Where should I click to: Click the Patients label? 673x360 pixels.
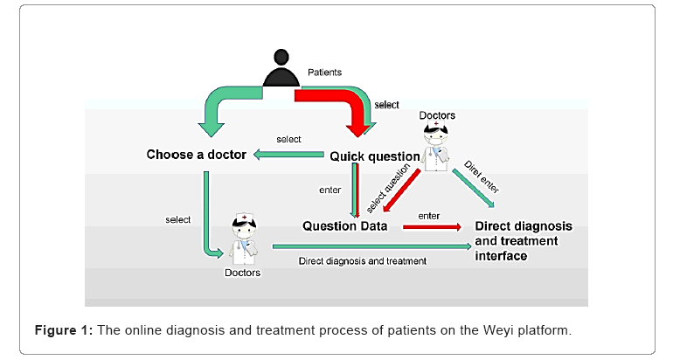pyautogui.click(x=324, y=72)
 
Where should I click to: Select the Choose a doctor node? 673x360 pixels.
pyautogui.click(x=196, y=155)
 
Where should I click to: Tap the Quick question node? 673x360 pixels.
pyautogui.click(x=375, y=156)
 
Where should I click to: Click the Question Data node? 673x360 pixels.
pyautogui.click(x=344, y=226)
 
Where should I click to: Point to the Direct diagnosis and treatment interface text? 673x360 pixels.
pyautogui.click(x=524, y=240)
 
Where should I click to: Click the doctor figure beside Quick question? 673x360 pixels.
pyautogui.click(x=436, y=145)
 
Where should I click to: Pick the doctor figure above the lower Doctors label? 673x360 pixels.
pyautogui.click(x=244, y=239)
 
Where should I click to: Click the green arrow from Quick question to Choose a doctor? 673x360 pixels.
pyautogui.click(x=288, y=155)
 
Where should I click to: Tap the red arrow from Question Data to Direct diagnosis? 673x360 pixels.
pyautogui.click(x=432, y=227)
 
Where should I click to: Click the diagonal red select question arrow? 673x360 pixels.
pyautogui.click(x=401, y=190)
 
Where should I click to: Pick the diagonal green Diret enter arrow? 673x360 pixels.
pyautogui.click(x=474, y=189)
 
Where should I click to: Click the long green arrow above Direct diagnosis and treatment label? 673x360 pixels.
pyautogui.click(x=372, y=246)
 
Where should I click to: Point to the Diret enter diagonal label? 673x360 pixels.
pyautogui.click(x=482, y=177)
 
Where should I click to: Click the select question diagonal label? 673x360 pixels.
pyautogui.click(x=388, y=188)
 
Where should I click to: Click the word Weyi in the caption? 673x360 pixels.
pyautogui.click(x=498, y=331)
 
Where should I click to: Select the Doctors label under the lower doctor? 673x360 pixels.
pyautogui.click(x=242, y=273)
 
